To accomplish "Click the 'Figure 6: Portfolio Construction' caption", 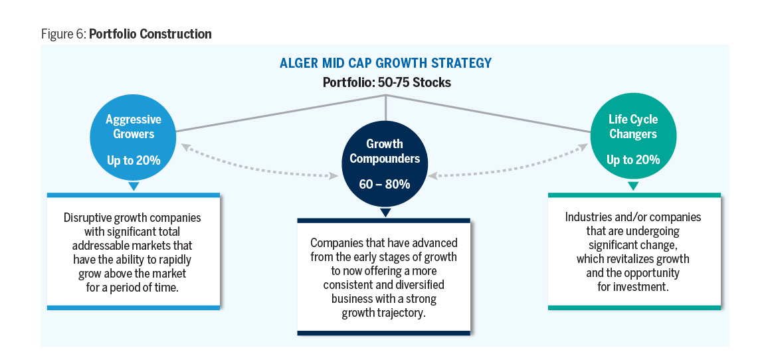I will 126,34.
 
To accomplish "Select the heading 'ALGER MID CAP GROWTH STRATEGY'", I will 386,64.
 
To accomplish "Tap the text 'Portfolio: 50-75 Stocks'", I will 386,83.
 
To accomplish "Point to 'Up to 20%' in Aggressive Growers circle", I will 133,160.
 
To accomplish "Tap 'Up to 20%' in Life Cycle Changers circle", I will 632,160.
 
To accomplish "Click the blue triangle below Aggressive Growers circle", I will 133,187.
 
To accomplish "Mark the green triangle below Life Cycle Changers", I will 632,187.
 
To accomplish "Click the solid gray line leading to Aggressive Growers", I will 279,113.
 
